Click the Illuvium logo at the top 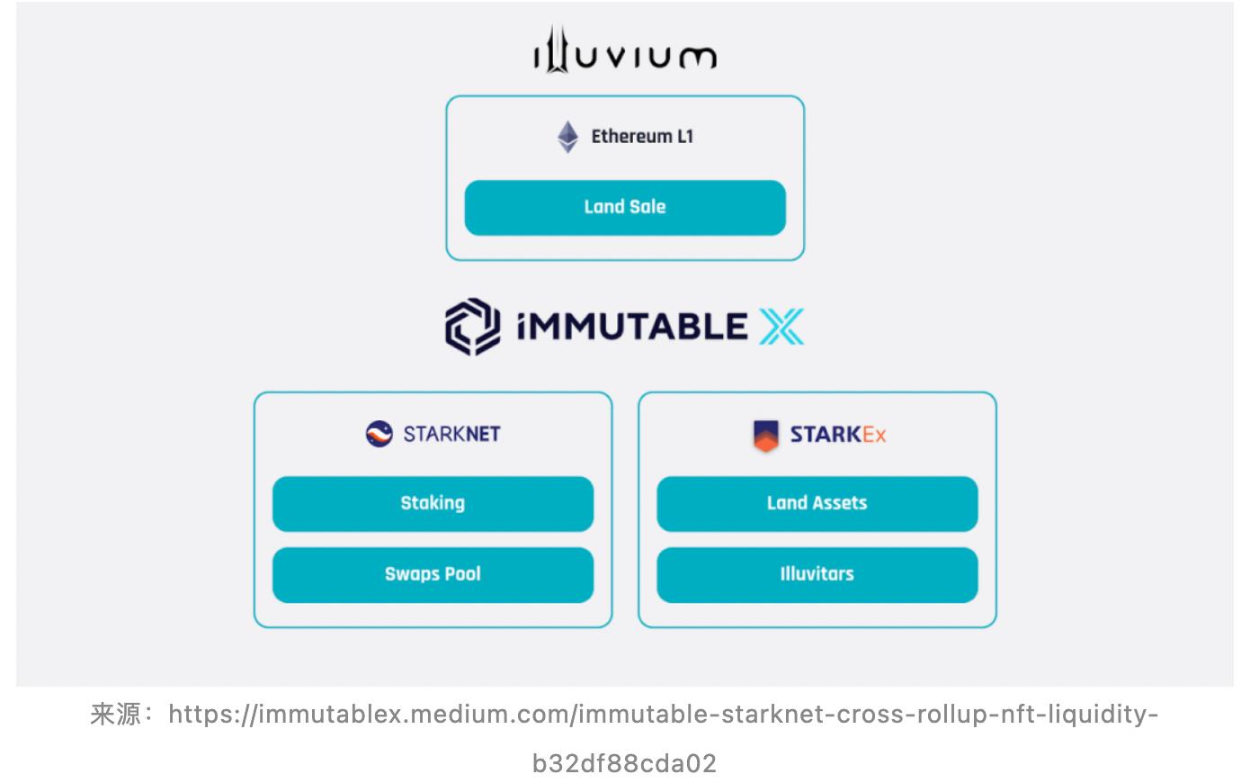[625, 50]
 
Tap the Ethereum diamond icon [567, 137]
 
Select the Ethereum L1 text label [642, 137]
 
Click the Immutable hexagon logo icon [472, 326]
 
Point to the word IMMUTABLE [632, 327]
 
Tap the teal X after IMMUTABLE [781, 327]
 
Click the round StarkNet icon [379, 434]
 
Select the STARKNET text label [451, 434]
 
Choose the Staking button [433, 503]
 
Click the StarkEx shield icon [765, 435]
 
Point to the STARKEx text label [838, 435]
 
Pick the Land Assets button [817, 503]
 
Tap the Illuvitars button [817, 574]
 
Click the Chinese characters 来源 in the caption [116, 715]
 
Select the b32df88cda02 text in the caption [625, 763]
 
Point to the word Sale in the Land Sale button [647, 207]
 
